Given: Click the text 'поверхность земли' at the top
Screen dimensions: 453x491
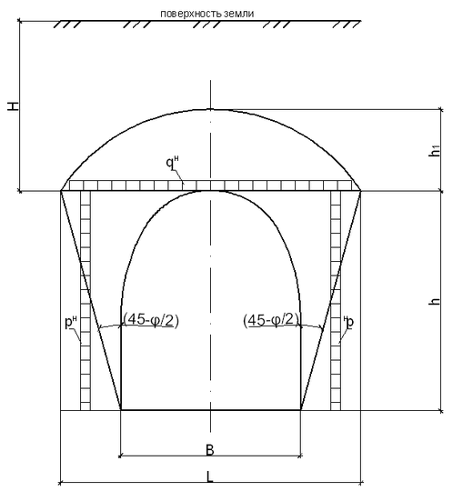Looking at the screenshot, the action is click(x=206, y=14).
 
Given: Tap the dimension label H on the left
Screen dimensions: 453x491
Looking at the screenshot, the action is click(x=14, y=106).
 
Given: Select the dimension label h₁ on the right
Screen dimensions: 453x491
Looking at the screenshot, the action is click(x=436, y=151).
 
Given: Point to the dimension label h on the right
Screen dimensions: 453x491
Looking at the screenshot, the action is click(x=435, y=301).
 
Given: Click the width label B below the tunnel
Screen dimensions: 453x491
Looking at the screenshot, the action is click(x=210, y=450).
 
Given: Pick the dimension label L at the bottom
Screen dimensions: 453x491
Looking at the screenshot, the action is click(x=210, y=477).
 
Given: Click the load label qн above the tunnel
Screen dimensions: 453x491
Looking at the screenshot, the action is click(x=172, y=163).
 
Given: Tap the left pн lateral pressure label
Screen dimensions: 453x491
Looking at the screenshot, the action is click(x=70, y=322).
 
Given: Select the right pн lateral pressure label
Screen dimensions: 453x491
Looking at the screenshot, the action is click(x=348, y=323).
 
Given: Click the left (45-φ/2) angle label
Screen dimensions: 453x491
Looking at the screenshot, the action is click(x=151, y=320).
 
